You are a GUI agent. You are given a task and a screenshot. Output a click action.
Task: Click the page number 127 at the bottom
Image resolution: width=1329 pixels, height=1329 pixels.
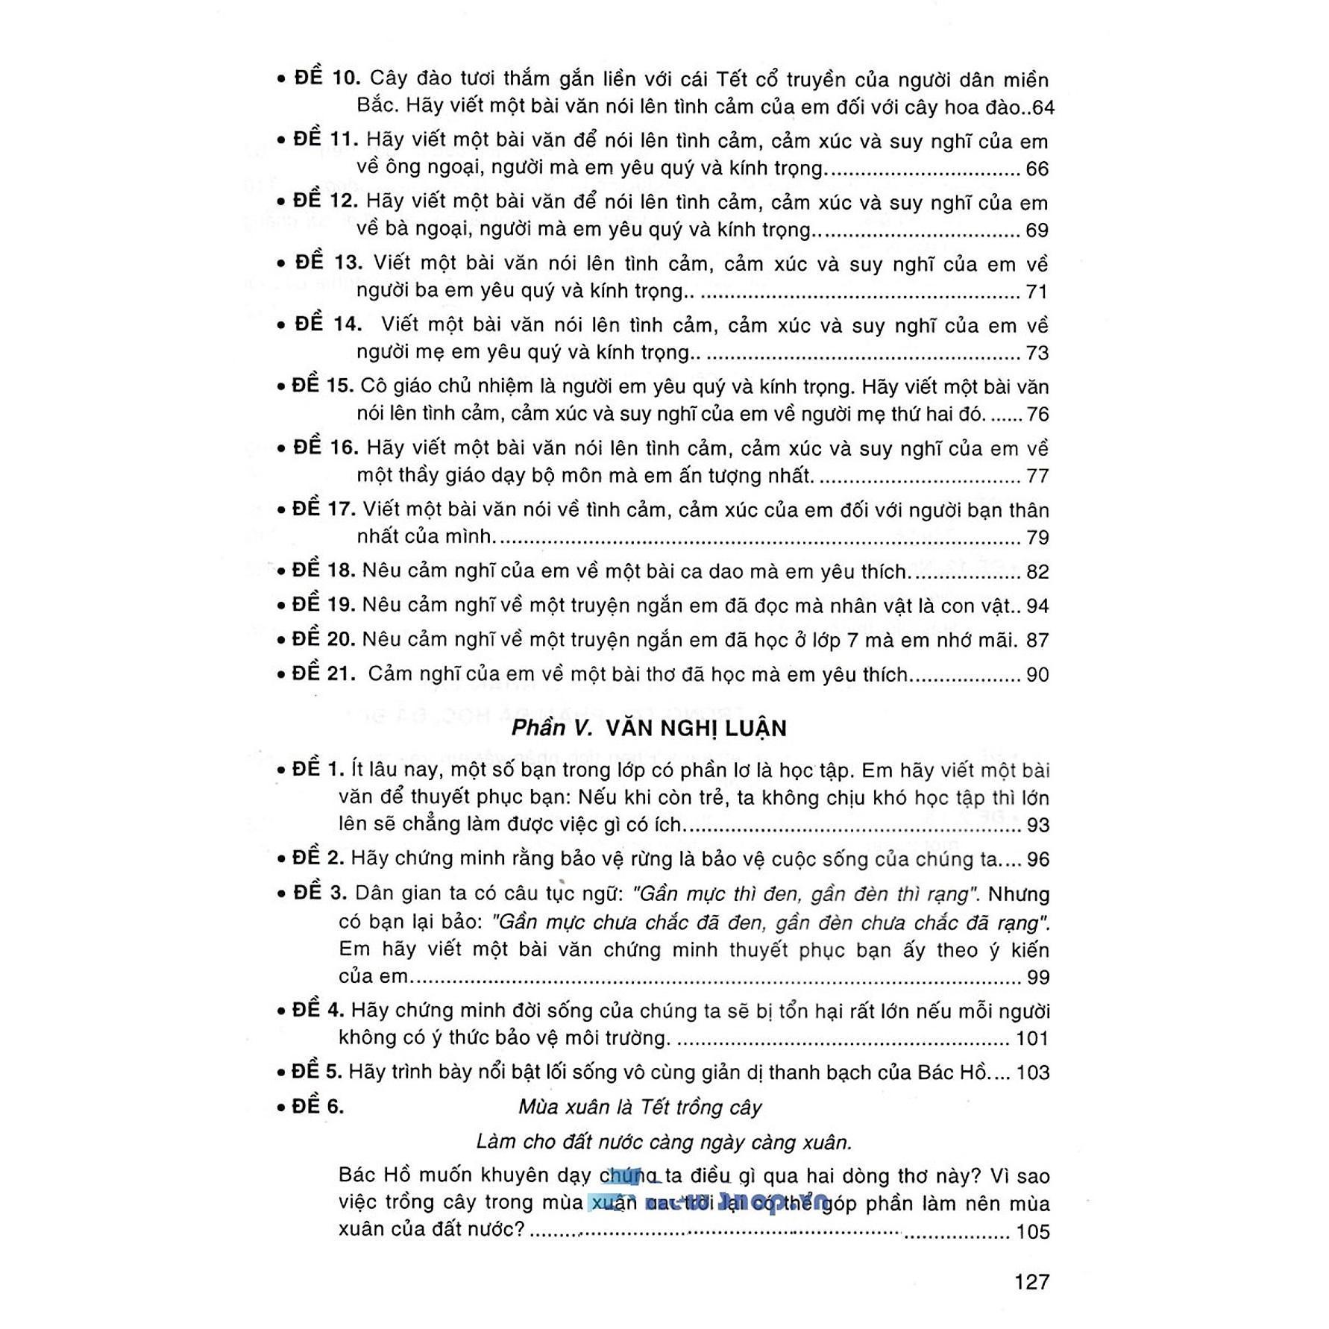[1031, 1282]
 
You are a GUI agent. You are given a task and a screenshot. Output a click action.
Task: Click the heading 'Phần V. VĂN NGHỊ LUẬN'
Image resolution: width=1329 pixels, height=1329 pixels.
[649, 728]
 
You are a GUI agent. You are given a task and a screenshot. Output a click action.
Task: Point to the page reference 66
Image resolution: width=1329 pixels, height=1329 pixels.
[1037, 169]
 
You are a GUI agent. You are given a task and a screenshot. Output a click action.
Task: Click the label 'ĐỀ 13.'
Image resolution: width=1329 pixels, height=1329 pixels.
[328, 263]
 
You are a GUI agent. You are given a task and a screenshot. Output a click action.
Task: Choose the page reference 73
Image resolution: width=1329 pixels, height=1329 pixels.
[1037, 353]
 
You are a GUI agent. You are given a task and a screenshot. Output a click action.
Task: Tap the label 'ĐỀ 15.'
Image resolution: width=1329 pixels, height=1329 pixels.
[323, 386]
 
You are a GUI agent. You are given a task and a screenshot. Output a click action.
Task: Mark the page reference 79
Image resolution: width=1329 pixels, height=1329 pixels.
[1037, 538]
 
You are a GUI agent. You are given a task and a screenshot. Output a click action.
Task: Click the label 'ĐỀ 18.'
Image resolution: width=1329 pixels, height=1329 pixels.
[324, 571]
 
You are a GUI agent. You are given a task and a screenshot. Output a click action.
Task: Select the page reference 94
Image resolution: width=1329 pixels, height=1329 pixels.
[1037, 606]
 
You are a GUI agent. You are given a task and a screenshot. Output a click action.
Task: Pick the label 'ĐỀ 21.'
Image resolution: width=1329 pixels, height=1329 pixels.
[324, 673]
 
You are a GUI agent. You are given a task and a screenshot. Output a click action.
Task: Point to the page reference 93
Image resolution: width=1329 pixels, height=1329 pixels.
[1037, 826]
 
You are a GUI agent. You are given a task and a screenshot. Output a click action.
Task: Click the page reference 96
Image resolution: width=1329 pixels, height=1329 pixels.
[1037, 860]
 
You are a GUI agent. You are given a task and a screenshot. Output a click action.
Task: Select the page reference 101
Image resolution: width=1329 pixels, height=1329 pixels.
[1032, 1038]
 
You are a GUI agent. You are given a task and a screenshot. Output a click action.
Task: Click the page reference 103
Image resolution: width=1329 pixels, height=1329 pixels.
[1032, 1072]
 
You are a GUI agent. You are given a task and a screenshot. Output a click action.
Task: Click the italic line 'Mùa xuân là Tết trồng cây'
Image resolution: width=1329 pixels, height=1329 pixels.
[640, 1107]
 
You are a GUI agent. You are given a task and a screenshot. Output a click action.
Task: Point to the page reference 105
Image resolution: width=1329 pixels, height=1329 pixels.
[1032, 1231]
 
